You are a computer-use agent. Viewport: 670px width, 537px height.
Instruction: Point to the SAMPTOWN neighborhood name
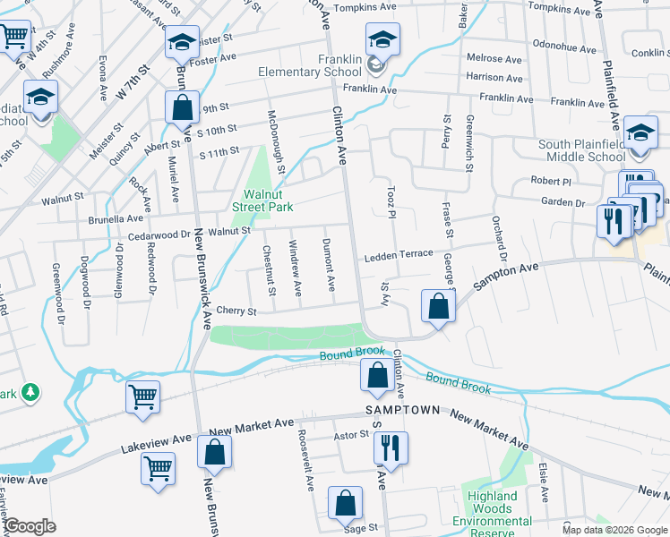(403, 410)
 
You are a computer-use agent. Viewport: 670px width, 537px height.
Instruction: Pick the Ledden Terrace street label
(398, 256)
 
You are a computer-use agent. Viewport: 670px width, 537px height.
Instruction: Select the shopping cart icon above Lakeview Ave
(143, 396)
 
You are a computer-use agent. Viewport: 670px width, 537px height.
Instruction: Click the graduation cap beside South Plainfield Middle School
(640, 132)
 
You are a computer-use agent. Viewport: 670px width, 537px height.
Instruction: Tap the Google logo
(30, 526)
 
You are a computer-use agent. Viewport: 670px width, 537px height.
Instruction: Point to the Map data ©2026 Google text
(614, 530)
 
